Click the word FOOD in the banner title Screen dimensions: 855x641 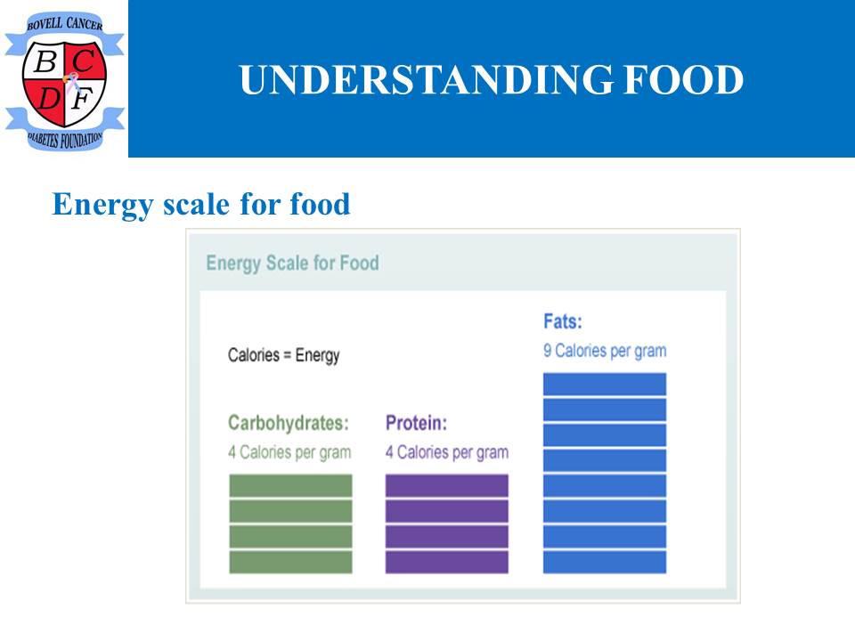coord(684,79)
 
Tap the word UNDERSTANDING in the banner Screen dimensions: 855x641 coord(426,79)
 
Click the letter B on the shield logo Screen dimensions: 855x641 coord(45,61)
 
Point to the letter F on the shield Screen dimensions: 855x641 coord(82,99)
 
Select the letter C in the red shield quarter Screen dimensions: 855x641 coord(84,61)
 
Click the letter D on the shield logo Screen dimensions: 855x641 coord(49,99)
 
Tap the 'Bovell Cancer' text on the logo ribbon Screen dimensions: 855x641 coord(64,23)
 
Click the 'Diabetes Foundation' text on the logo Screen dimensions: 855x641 coord(64,140)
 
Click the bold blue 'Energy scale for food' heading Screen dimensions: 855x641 coord(200,205)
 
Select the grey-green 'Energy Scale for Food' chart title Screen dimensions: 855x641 coord(292,263)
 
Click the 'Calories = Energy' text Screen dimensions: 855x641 coord(283,355)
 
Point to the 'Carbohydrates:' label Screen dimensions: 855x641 coord(289,423)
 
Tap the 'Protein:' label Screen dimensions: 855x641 coord(416,423)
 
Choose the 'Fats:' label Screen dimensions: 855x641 coord(563,321)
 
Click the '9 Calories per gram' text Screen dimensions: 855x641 coord(605,351)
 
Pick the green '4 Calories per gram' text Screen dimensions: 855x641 coord(289,452)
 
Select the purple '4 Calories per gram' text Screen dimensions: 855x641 coord(447,452)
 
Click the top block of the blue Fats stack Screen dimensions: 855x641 coord(605,385)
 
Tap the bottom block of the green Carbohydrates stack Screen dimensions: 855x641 coord(290,562)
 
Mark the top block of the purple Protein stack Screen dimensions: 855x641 coord(447,486)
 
